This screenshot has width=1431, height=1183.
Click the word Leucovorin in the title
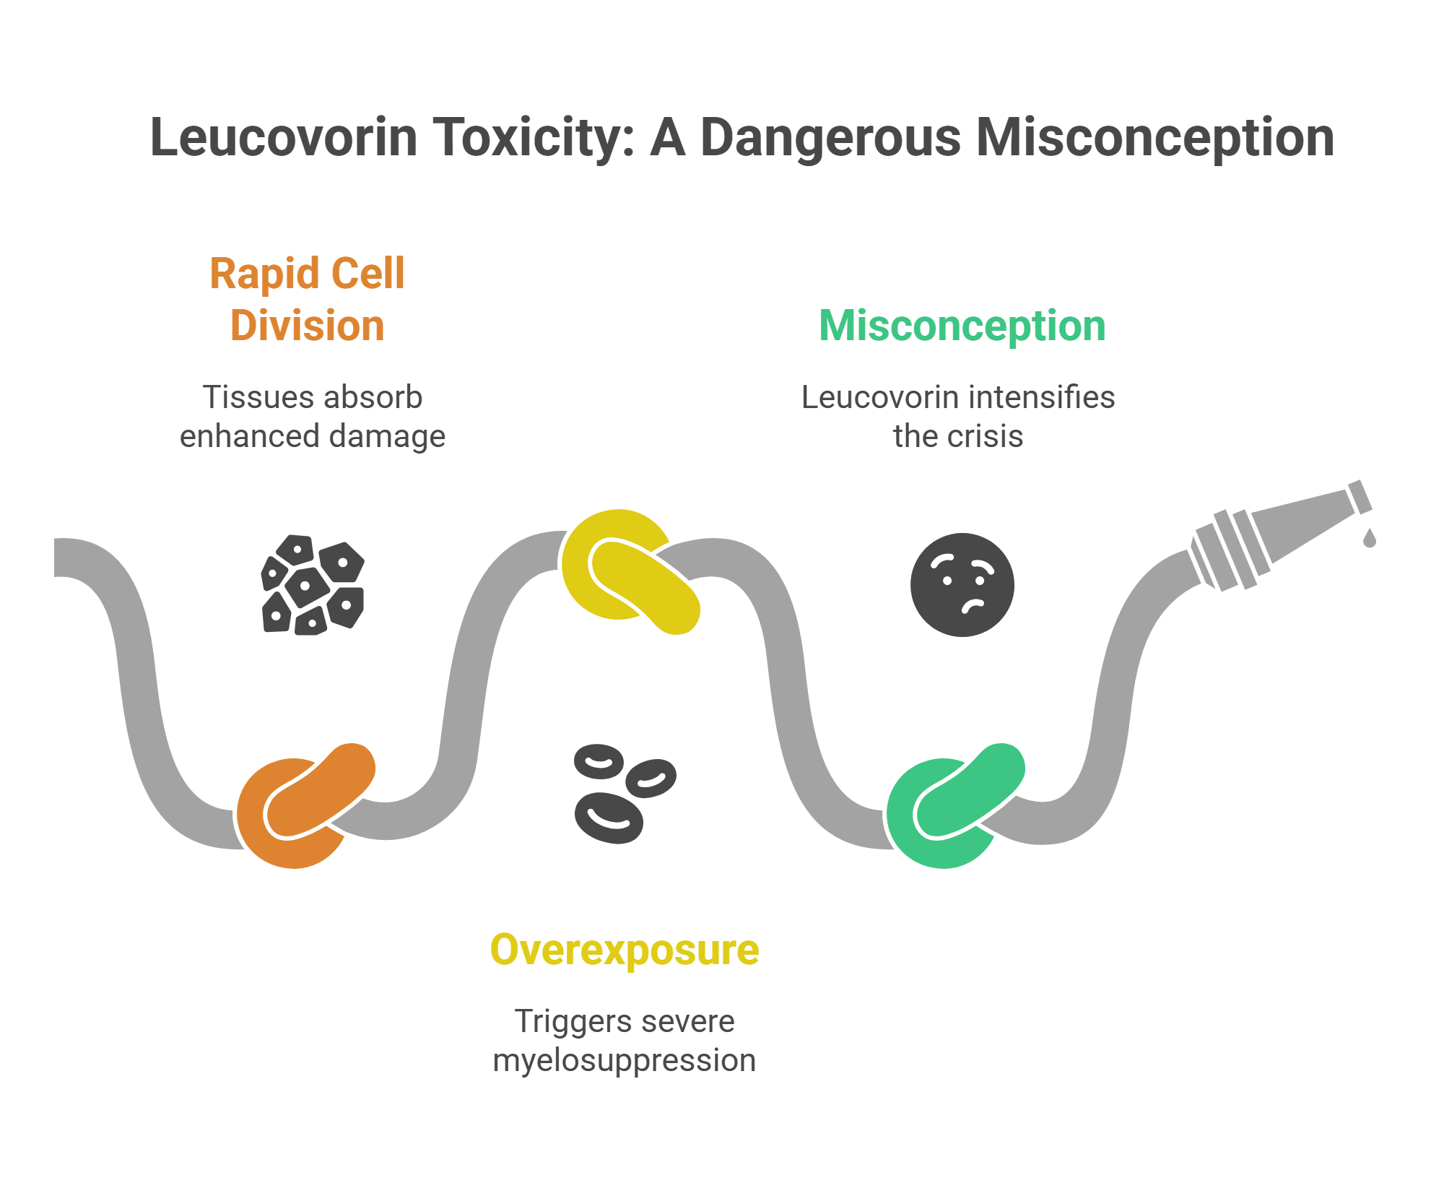284,137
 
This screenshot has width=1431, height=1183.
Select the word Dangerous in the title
830,137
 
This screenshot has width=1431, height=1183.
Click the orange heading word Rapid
264,274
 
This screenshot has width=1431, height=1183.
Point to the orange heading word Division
307,326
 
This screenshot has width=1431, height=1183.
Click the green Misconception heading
962,326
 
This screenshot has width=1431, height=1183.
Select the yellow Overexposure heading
624,950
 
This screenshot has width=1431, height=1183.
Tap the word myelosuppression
624,1060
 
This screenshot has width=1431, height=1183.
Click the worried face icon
962,585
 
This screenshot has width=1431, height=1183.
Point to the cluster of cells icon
313,585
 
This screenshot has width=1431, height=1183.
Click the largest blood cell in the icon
608,818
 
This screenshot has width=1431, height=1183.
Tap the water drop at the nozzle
1369,538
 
